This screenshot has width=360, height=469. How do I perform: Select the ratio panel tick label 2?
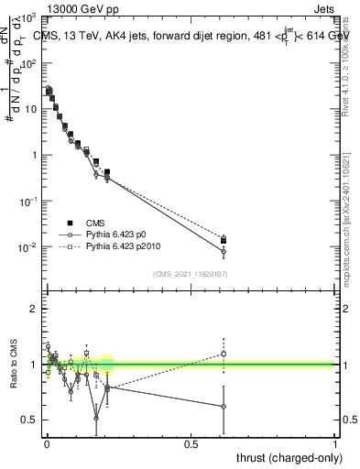tap(32, 309)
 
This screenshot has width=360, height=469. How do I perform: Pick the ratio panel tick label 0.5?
tap(28, 420)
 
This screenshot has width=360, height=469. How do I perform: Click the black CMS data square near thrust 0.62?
tap(224, 240)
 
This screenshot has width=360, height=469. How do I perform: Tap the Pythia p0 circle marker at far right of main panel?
tap(224, 251)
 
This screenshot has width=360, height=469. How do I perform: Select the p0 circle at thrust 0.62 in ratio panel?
tap(224, 406)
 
